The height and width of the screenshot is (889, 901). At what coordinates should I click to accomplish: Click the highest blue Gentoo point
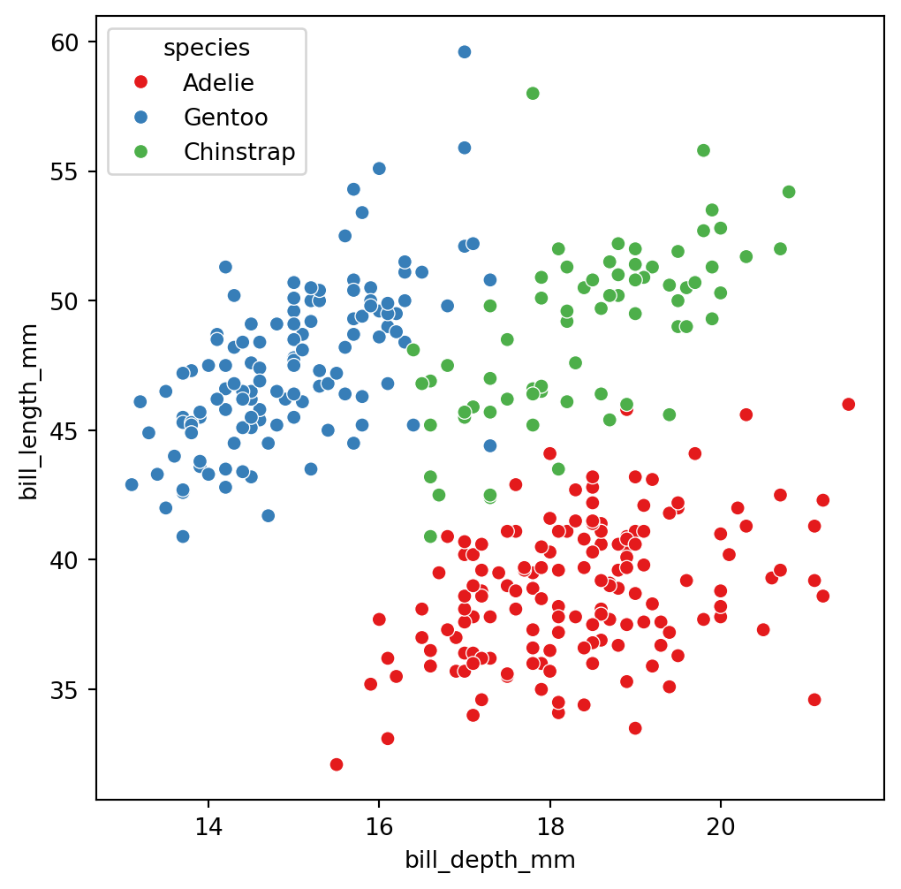coord(464,52)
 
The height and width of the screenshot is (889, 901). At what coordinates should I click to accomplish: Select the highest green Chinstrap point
coord(533,94)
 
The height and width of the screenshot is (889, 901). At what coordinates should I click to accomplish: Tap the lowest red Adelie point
coord(336,764)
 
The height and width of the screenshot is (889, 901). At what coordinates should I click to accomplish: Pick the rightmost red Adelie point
coord(848,404)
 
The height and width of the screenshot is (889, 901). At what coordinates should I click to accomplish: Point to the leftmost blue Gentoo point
coord(132,484)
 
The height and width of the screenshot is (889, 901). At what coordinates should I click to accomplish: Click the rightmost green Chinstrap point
coord(789,192)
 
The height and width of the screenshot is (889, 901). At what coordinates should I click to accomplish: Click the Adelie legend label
coord(218,83)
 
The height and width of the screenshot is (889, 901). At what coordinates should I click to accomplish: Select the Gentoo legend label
coord(225,117)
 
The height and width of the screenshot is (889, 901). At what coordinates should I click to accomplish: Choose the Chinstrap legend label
coord(238,151)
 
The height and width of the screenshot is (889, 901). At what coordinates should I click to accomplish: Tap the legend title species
coord(207,49)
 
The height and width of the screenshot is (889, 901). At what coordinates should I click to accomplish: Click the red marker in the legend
coord(139,83)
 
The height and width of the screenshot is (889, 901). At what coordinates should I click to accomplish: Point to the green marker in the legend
coord(139,151)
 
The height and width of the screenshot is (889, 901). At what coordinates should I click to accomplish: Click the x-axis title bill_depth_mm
coord(489,860)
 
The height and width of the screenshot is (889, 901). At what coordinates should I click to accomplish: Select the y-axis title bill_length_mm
coord(29,412)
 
